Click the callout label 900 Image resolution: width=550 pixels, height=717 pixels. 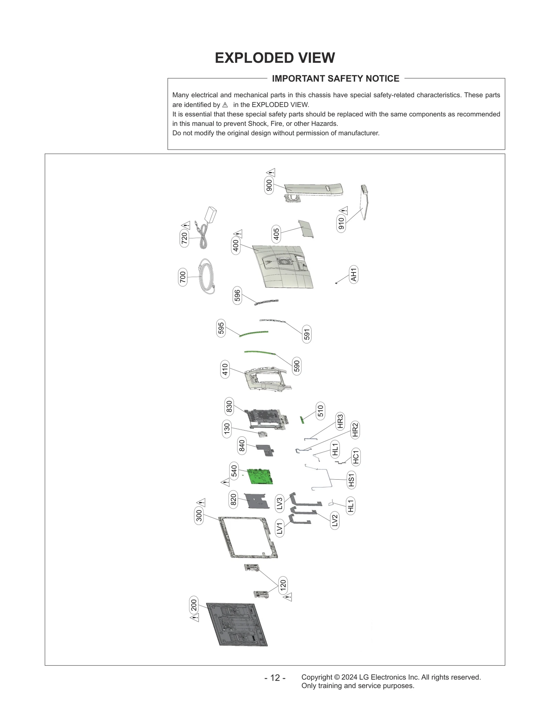269,185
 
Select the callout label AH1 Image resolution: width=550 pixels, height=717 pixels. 353,274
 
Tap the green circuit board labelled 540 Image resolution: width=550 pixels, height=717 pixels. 261,476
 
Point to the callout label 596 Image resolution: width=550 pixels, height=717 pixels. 237,296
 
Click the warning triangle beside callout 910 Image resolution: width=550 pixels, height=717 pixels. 343,211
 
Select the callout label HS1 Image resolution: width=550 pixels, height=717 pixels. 351,480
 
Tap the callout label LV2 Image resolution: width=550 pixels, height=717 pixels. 335,521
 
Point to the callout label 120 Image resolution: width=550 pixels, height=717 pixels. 283,585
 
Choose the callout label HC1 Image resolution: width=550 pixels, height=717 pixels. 356,457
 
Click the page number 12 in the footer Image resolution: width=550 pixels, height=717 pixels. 275,678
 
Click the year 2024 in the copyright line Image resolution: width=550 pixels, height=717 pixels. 349,677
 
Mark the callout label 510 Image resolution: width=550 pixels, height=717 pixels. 320,411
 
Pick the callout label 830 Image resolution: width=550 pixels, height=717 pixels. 229,406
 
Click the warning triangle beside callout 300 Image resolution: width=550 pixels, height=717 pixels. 201,503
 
